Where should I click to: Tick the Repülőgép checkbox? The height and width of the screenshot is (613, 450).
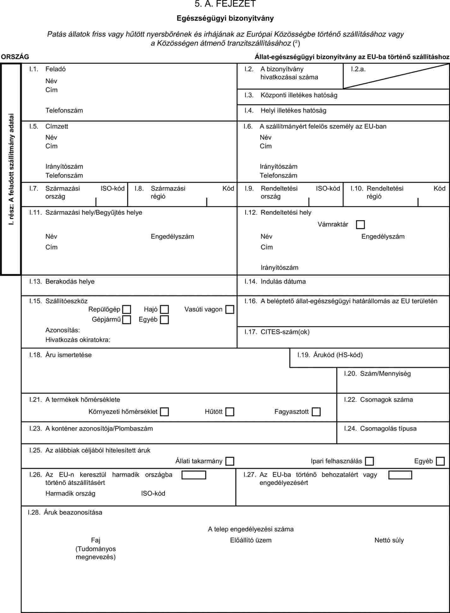(127, 310)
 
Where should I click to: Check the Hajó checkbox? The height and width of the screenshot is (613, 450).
(164, 310)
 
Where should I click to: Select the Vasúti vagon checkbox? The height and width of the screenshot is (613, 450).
(230, 310)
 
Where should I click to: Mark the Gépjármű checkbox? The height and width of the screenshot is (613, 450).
(127, 320)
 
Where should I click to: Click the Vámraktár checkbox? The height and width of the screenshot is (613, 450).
(360, 225)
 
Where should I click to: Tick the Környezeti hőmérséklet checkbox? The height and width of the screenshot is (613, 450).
(164, 412)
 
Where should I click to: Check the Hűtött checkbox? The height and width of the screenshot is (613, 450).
(230, 412)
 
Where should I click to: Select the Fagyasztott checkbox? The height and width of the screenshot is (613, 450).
(316, 412)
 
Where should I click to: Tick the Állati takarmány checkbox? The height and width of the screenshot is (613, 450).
(230, 461)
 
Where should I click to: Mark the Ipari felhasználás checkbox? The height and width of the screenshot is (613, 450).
(369, 461)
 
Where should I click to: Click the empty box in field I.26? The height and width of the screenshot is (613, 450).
(194, 475)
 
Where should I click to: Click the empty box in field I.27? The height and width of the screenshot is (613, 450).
(400, 475)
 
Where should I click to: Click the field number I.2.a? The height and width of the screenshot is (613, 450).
(358, 69)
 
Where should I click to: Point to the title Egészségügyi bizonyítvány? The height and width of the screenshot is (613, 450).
(225, 18)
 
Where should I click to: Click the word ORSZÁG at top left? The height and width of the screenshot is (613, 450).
(15, 57)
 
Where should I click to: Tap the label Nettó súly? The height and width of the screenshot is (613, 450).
(389, 540)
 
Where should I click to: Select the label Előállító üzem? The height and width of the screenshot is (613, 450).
(251, 540)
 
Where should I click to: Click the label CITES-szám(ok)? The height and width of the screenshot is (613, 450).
(285, 332)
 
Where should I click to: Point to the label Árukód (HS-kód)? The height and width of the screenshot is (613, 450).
(338, 355)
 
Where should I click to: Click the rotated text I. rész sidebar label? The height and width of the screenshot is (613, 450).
(11, 169)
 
